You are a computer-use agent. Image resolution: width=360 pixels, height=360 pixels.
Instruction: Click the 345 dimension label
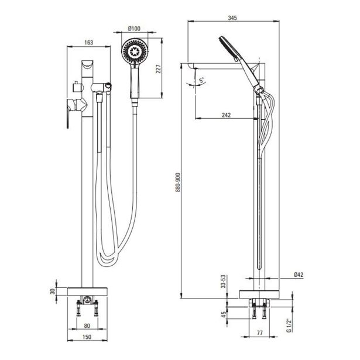tap(232, 18)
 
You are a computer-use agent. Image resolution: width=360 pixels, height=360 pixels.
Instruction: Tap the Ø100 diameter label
tap(134, 29)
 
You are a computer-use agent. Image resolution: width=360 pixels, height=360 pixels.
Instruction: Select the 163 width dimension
tap(88, 43)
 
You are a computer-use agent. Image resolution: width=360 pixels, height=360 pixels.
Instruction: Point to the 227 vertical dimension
tap(159, 68)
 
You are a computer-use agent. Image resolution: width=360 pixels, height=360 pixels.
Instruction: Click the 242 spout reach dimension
tap(226, 115)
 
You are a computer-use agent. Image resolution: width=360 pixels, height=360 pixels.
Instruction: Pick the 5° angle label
tap(202, 80)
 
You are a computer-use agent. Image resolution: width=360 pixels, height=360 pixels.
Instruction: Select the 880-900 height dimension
tap(179, 182)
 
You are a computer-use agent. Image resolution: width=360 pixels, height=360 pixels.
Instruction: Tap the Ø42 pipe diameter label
tap(299, 275)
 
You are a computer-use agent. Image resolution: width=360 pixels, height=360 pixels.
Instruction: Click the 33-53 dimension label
tap(223, 282)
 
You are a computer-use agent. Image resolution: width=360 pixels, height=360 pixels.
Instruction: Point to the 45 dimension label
tap(224, 314)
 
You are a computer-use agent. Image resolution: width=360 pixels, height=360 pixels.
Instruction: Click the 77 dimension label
tap(260, 332)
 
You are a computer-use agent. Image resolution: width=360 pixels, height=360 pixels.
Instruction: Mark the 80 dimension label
tap(87, 326)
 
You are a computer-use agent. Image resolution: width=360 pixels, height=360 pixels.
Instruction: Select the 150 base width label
tap(87, 337)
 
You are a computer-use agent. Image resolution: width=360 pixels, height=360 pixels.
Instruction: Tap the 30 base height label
tap(53, 292)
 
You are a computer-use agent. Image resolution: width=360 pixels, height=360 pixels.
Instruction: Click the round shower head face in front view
tap(135, 51)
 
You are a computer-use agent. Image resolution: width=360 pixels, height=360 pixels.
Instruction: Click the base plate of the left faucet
tap(87, 292)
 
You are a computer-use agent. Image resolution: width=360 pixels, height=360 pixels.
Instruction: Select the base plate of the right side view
tap(259, 294)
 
